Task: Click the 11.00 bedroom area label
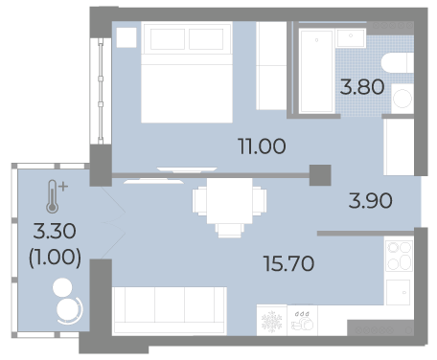click(262, 146)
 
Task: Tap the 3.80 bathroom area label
click(362, 87)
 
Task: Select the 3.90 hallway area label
click(370, 201)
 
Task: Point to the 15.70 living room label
click(288, 263)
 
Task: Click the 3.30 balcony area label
click(55, 231)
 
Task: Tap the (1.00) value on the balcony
click(55, 258)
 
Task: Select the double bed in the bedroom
click(187, 72)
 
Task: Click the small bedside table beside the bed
click(126, 37)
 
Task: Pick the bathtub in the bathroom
click(316, 71)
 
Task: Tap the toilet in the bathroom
click(398, 62)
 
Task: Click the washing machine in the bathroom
click(402, 99)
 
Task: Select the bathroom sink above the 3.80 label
click(351, 37)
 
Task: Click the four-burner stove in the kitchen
click(400, 256)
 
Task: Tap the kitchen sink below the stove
click(398, 292)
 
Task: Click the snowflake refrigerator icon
click(272, 321)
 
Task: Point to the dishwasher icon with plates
click(302, 321)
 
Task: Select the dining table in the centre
click(229, 201)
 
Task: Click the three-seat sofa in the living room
click(170, 311)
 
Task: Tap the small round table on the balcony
click(62, 286)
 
